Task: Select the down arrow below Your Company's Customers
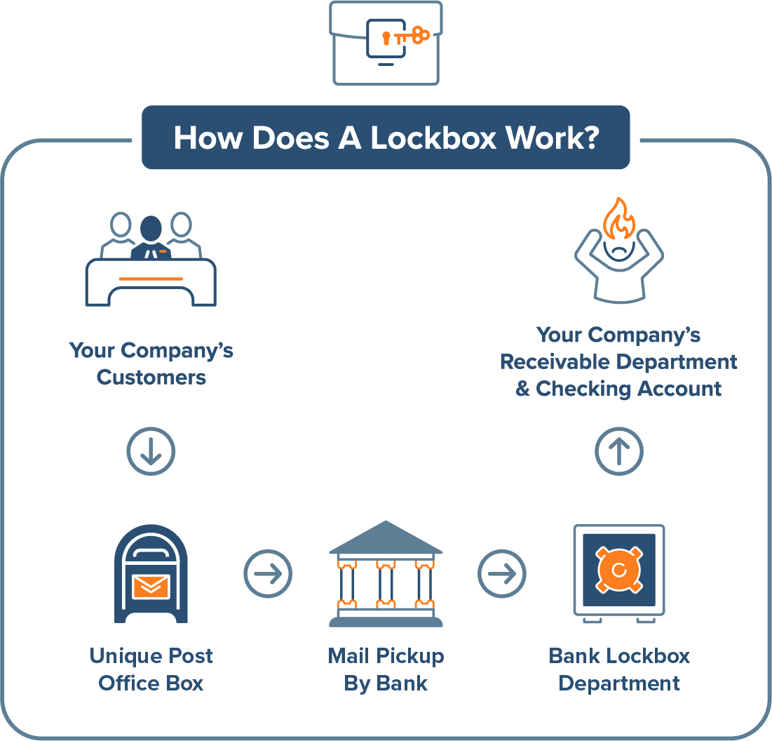pyautogui.click(x=151, y=451)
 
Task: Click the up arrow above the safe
pyautogui.click(x=619, y=451)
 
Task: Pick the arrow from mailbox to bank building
pyautogui.click(x=268, y=574)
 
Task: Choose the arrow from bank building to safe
pyautogui.click(x=502, y=574)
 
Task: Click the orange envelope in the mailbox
pyautogui.click(x=151, y=586)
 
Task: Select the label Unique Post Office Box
pyautogui.click(x=151, y=669)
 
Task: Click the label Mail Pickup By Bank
pyautogui.click(x=386, y=669)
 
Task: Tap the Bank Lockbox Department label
pyautogui.click(x=619, y=669)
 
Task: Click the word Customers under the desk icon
pyautogui.click(x=151, y=378)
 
